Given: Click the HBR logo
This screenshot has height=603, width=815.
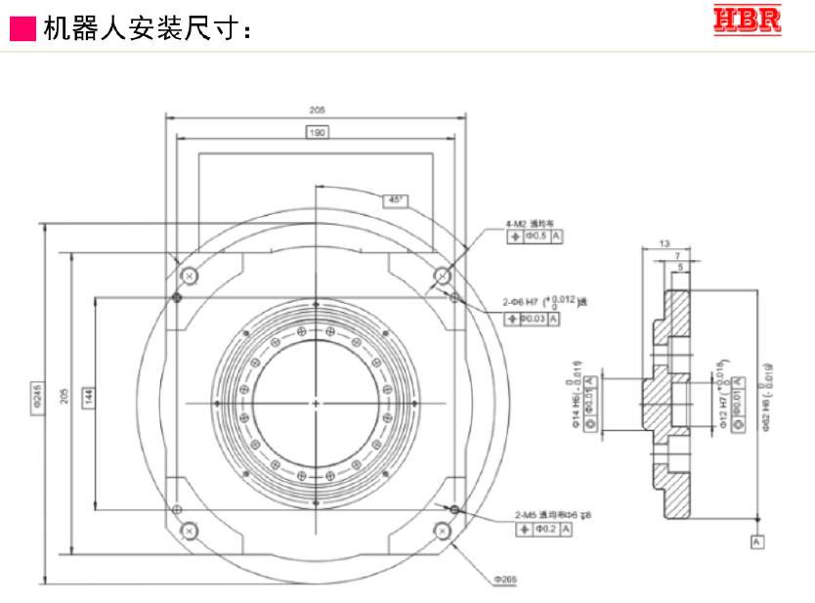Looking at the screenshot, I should click(x=748, y=21).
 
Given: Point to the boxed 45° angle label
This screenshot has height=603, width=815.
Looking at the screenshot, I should click(x=395, y=199).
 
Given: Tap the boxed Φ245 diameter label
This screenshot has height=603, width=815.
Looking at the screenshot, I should click(x=39, y=401).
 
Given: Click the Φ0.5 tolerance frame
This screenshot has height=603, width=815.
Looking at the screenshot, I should click(x=536, y=237).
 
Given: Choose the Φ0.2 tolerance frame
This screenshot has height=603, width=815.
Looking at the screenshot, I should click(x=539, y=529).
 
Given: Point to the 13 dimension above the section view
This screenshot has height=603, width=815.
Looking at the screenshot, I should click(x=665, y=242).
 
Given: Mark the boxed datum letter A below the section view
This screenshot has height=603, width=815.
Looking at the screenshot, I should click(x=756, y=539).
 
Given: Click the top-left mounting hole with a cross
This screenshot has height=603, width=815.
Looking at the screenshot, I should click(x=190, y=276).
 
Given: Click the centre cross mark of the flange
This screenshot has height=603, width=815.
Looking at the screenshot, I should click(x=317, y=404).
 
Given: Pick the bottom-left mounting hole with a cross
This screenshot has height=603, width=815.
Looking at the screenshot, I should click(x=189, y=531).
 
